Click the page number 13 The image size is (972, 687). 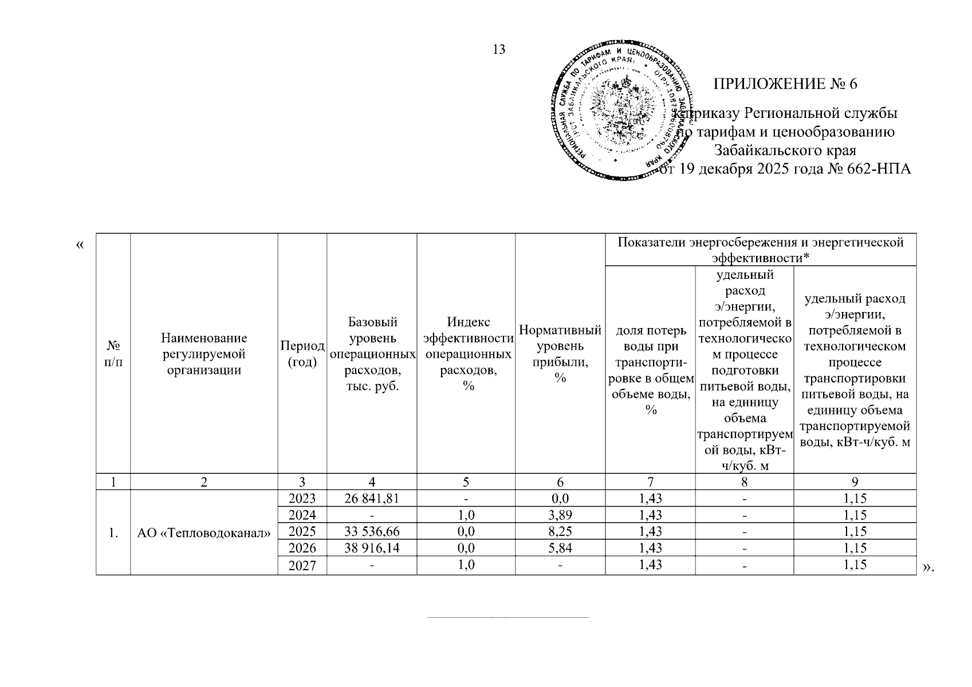click(x=499, y=49)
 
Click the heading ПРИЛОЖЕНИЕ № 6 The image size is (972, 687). click(x=785, y=84)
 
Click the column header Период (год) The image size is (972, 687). click(x=302, y=354)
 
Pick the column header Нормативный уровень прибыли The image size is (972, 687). click(x=560, y=354)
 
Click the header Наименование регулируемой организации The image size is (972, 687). click(x=204, y=354)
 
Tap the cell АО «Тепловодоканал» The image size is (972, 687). click(x=204, y=533)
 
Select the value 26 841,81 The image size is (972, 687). click(x=371, y=499)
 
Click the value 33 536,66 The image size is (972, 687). click(x=371, y=532)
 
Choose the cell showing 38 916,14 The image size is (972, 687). click(x=371, y=548)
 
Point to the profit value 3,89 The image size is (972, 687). click(x=560, y=515)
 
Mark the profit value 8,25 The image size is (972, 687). click(x=560, y=532)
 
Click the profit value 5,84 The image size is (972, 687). click(x=560, y=548)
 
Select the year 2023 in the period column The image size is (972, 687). click(x=302, y=499)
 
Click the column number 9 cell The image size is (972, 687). click(x=855, y=482)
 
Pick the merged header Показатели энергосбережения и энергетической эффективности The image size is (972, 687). click(x=760, y=250)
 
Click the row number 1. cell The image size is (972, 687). click(x=113, y=533)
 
